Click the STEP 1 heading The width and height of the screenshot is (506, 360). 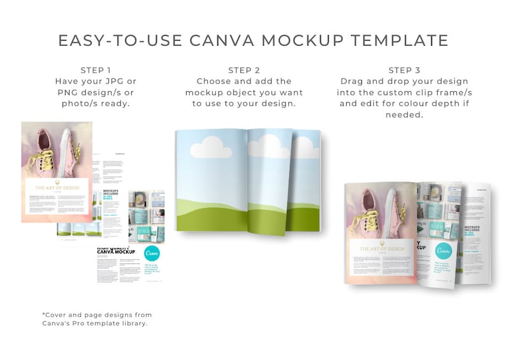click(96, 70)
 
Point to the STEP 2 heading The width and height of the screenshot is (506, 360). click(244, 70)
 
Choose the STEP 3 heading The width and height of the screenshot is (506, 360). click(404, 70)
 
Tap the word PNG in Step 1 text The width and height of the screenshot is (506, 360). click(67, 92)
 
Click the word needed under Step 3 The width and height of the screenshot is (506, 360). click(403, 115)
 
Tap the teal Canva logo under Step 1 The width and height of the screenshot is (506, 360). click(152, 254)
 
